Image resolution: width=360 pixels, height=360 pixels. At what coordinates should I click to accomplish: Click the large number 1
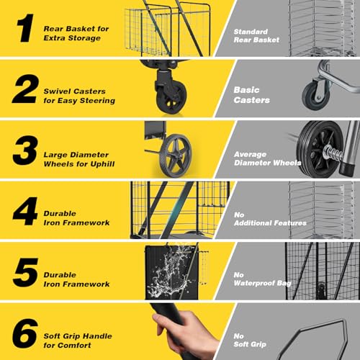point(25,28)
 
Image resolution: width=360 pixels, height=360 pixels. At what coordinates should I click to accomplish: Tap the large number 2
point(25,89)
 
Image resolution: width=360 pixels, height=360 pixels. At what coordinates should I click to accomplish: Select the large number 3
point(25,150)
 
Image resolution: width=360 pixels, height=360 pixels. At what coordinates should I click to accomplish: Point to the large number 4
point(25,211)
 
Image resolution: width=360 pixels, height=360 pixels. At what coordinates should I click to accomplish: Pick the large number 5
point(26,272)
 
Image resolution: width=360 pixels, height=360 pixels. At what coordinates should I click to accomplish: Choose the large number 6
point(25,333)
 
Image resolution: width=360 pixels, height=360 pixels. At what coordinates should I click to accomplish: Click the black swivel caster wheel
point(171,97)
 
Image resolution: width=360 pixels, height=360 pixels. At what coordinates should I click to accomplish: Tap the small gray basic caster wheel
point(315,96)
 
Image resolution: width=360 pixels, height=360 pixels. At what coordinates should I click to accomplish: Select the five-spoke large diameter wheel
point(175,156)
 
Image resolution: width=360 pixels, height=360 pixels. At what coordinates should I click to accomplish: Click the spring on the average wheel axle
point(333,152)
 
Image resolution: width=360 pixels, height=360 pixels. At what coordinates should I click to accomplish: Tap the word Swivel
point(56,91)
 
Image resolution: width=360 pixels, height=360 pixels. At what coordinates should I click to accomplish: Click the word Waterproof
point(254,283)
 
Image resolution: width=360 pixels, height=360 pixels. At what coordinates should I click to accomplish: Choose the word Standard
point(251,32)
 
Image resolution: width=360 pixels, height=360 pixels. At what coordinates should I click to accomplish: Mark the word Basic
point(246,90)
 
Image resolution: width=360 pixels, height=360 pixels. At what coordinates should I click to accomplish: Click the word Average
point(251,154)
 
